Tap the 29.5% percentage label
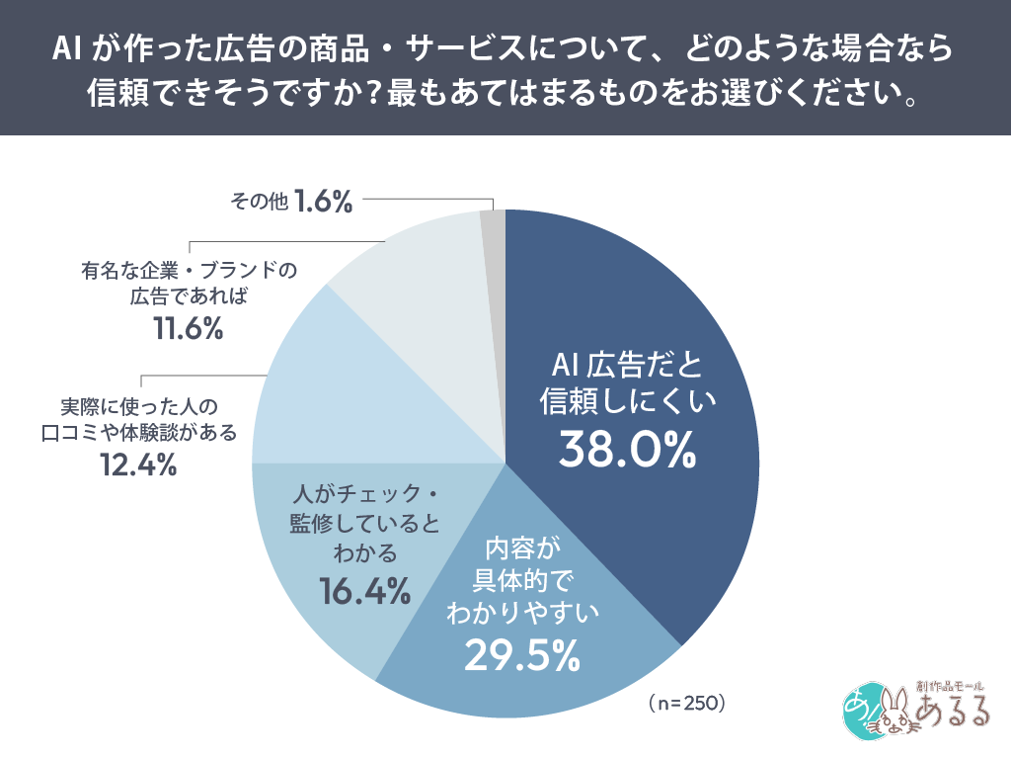tap(514, 654)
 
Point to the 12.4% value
tap(138, 463)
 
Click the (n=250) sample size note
tap(688, 703)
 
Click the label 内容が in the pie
tap(514, 547)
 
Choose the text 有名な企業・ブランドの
tap(189, 270)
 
